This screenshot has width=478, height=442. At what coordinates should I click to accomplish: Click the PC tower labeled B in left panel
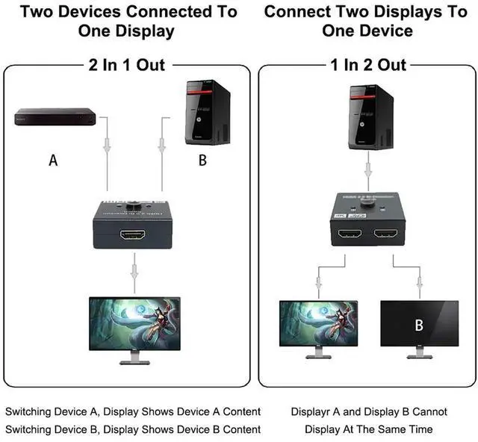(x=208, y=111)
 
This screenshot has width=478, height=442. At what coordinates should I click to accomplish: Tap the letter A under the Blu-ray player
(x=53, y=160)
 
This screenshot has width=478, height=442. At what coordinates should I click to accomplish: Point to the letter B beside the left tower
(x=202, y=160)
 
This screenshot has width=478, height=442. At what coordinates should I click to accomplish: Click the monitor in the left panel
(x=134, y=325)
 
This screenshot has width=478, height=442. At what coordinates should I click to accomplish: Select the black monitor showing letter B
(x=419, y=325)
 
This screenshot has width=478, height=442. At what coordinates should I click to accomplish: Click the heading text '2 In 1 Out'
(x=127, y=64)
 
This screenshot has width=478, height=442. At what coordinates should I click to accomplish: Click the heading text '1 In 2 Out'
(x=368, y=64)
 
